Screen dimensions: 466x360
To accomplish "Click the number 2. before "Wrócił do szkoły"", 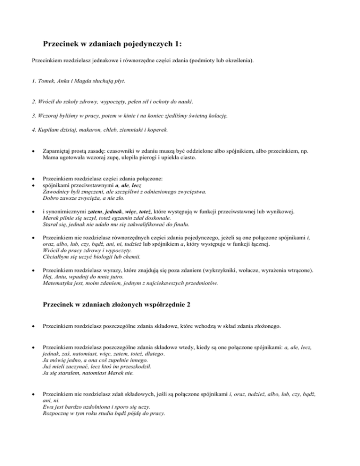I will [x=34, y=101].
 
